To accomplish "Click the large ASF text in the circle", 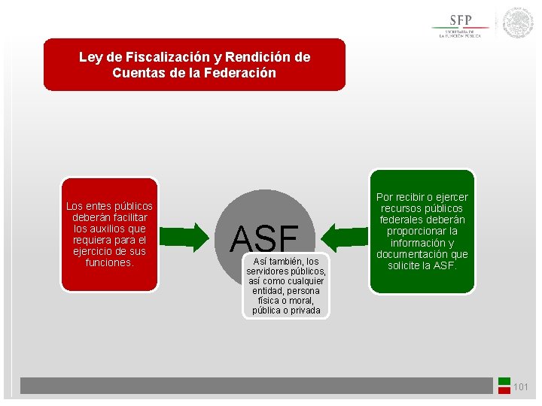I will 264,239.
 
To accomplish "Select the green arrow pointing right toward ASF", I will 189,237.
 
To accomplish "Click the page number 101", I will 521,387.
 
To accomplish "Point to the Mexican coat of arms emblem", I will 518,23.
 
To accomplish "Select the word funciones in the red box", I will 108,262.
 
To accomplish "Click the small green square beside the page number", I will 504,380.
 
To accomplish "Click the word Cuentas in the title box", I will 135,73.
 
